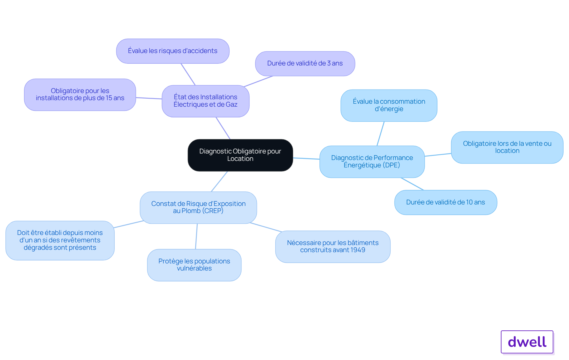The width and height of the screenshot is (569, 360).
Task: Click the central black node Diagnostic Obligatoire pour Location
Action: coord(240,155)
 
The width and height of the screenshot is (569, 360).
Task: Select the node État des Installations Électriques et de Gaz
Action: coord(205,101)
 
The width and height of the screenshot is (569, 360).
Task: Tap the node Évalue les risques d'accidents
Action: coord(173,51)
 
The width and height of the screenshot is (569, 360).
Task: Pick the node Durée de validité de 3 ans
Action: coord(305,63)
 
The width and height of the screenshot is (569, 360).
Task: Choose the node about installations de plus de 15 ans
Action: coord(80,95)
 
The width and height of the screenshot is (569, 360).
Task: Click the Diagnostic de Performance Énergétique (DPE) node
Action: coord(372,161)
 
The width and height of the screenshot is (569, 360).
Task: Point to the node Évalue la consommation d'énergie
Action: coord(389,105)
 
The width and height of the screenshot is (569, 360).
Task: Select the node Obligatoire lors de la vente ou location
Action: coord(507,147)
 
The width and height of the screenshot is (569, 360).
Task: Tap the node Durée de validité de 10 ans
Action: coord(446,202)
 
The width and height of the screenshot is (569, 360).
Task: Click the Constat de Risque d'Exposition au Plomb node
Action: coord(198,207)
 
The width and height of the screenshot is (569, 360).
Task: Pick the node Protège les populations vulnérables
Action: coord(194,265)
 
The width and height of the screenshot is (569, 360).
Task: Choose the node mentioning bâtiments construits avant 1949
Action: coord(333,247)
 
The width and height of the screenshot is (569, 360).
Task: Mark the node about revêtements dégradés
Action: coord(60,240)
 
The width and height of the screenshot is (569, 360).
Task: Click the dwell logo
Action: coord(527,342)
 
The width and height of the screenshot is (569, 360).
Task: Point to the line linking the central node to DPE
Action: coord(306,159)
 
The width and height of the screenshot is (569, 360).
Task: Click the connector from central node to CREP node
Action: coord(219,181)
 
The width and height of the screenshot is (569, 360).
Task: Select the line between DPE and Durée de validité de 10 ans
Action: coord(412,184)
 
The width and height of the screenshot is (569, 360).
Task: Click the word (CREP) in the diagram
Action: coord(213,211)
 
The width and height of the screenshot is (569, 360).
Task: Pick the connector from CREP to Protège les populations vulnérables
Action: coord(196,236)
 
